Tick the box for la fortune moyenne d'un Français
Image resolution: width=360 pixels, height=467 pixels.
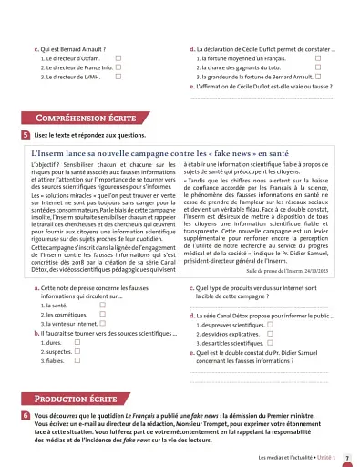coord(318,57)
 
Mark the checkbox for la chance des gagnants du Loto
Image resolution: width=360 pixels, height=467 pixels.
coord(318,67)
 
